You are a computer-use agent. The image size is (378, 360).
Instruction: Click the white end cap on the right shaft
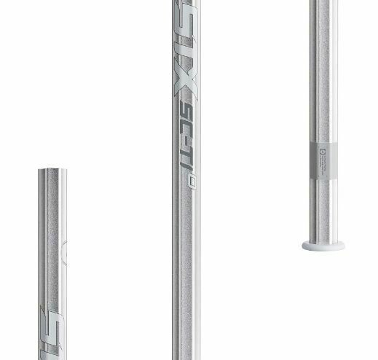coord(323,246)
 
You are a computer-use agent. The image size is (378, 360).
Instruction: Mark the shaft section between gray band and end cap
coord(324,211)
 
